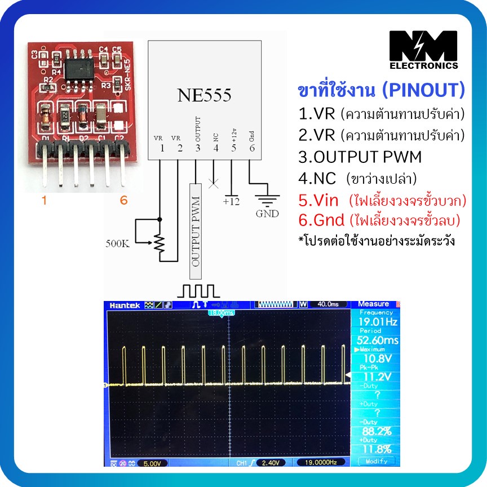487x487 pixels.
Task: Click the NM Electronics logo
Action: tap(424, 50)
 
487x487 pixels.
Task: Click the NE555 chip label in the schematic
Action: tap(205, 95)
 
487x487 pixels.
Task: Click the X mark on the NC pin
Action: tap(214, 183)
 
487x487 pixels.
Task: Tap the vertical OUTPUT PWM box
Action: tap(196, 231)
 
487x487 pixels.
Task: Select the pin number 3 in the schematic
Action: tap(197, 148)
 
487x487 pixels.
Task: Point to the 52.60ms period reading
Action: tap(377, 340)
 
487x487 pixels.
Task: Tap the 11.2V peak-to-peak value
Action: tap(378, 377)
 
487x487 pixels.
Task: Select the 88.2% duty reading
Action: tap(377, 431)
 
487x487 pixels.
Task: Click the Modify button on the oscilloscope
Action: tap(376, 462)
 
